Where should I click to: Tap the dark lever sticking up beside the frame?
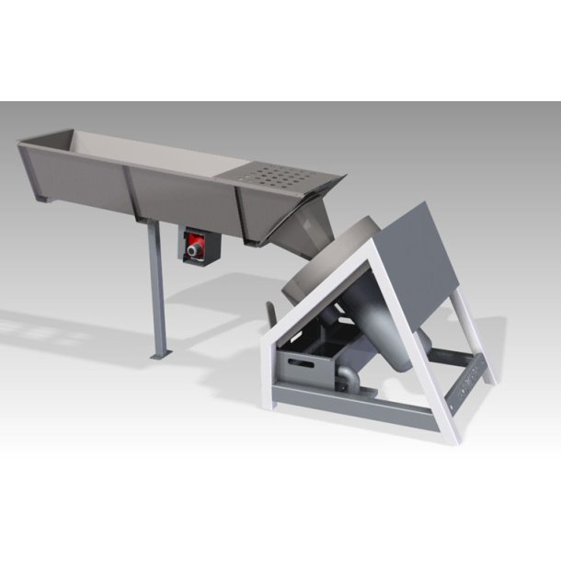click(x=268, y=314)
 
